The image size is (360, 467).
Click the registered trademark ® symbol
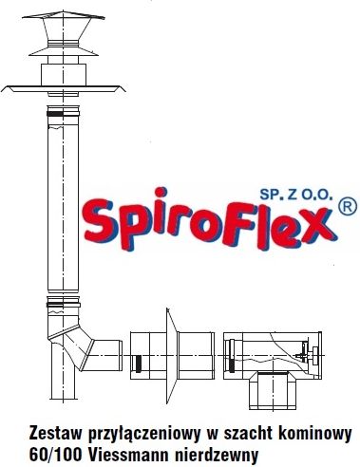coord(348,204)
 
